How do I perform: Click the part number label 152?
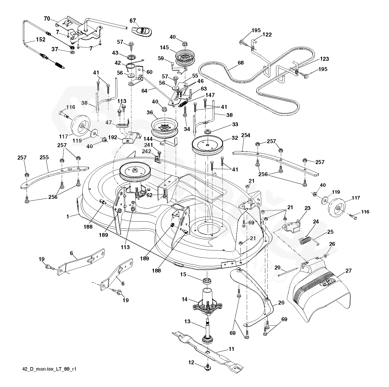(41, 40)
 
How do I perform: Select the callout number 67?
(132, 21)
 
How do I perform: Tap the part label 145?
(164, 48)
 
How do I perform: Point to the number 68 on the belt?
(240, 63)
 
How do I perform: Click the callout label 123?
(324, 59)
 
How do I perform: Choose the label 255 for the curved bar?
(44, 157)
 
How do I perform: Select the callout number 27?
(348, 271)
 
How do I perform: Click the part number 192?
(113, 137)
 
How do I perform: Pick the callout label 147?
(210, 95)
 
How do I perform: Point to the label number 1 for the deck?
(68, 217)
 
